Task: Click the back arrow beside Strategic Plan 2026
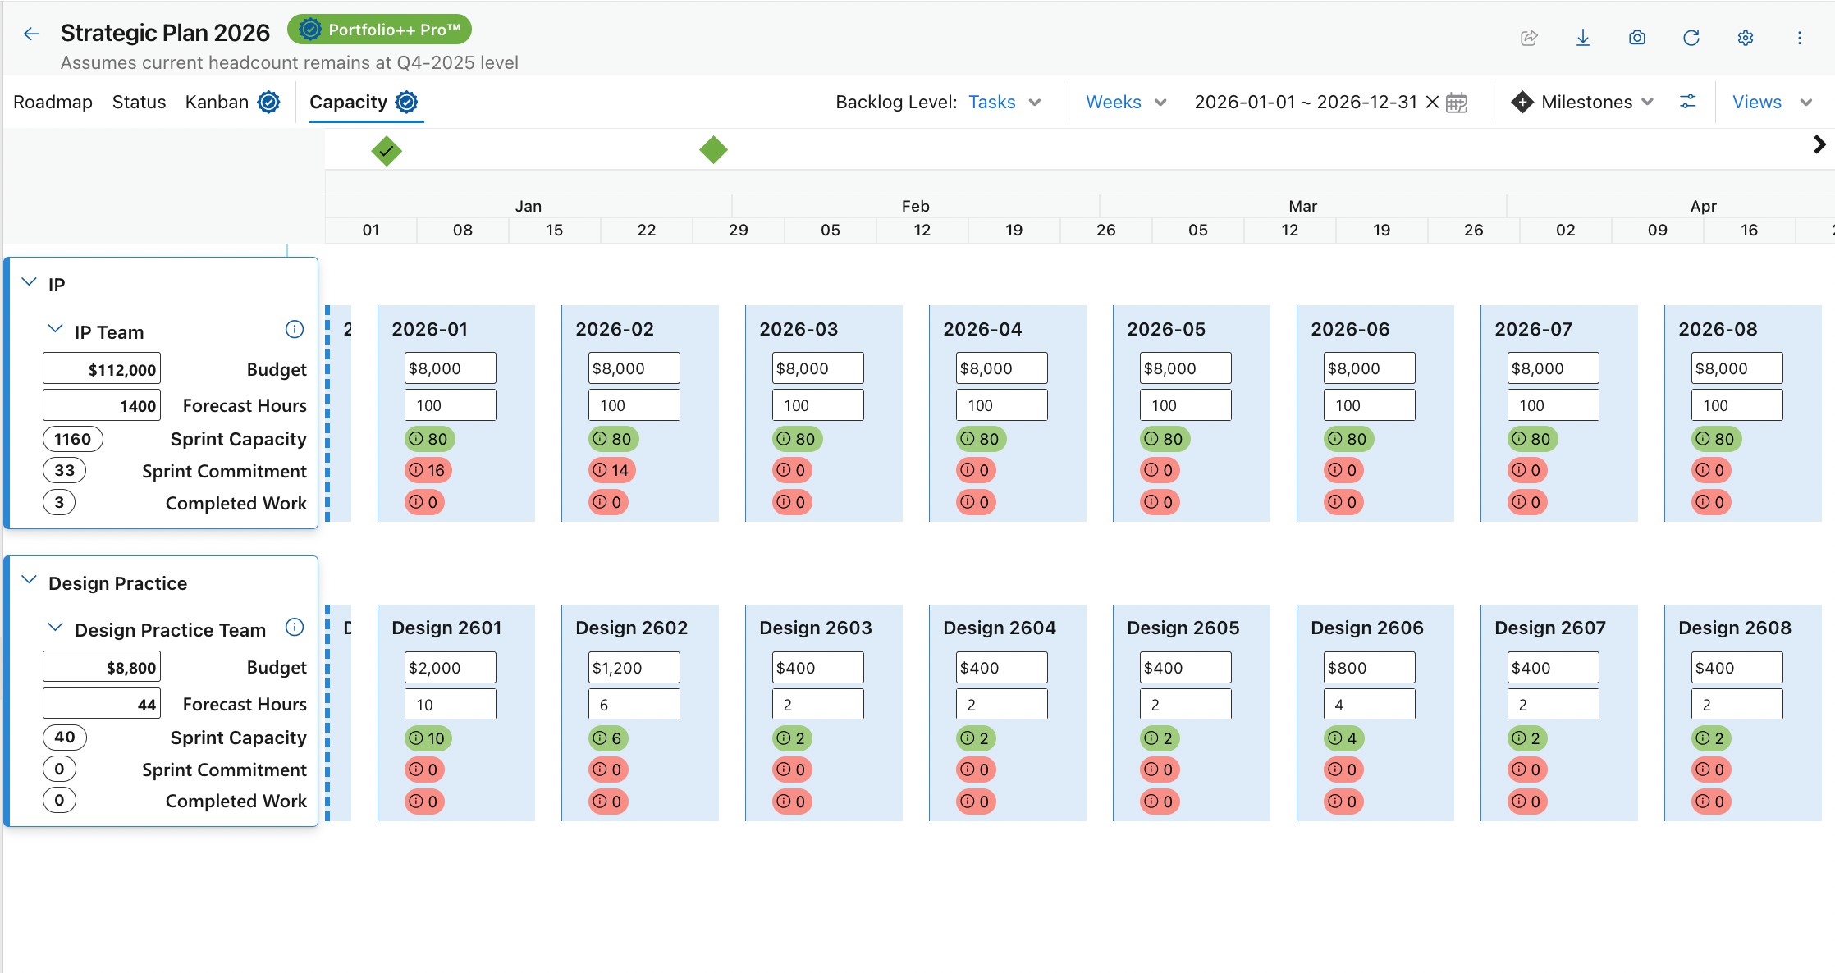[31, 34]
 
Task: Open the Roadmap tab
[53, 102]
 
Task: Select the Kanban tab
[217, 102]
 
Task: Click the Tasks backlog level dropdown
[1004, 102]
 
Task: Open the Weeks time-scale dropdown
[1125, 102]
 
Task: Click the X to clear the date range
[1432, 102]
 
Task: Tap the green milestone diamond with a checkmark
[387, 151]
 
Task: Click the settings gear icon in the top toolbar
[1746, 38]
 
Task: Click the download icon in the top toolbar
[1583, 38]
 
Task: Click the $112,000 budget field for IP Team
[102, 369]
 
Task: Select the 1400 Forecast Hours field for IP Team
[102, 405]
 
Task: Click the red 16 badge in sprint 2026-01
[428, 470]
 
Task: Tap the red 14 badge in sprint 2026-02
[612, 470]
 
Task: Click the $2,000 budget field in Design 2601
[450, 668]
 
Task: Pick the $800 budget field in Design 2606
[1369, 668]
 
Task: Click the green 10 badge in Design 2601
[428, 738]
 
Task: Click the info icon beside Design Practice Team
[295, 628]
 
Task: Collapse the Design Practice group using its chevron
[30, 580]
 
